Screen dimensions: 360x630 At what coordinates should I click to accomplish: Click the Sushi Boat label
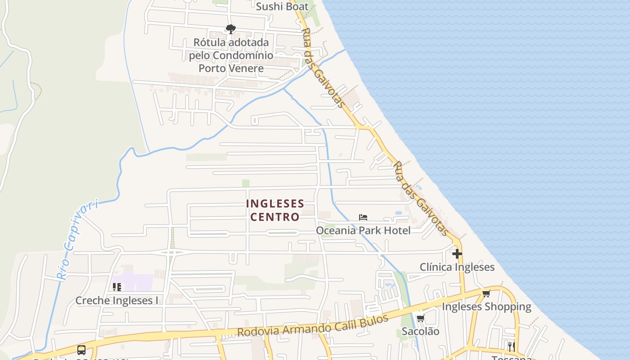282,6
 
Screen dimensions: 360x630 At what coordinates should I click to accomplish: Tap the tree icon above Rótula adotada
231,30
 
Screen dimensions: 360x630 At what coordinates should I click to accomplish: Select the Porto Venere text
231,68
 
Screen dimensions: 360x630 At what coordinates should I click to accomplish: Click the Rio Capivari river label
77,240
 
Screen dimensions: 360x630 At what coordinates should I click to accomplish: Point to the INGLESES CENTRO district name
275,210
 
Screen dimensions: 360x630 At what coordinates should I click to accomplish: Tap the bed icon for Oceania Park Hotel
363,217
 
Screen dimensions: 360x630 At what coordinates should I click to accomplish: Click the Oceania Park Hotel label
363,230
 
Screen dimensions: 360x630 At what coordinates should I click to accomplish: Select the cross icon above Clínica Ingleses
457,254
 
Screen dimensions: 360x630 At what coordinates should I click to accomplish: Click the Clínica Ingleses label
457,267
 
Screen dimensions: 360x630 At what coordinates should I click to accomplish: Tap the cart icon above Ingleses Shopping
486,294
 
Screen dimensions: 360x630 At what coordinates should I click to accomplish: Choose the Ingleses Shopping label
486,307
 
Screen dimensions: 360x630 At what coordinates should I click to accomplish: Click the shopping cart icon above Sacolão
420,319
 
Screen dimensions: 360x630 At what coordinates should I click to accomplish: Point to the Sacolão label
420,331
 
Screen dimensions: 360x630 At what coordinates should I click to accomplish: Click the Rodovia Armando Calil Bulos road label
312,326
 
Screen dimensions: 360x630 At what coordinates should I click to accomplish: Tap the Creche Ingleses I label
117,301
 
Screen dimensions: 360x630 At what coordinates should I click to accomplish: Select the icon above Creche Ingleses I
117,287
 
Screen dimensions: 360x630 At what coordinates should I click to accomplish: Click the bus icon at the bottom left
81,350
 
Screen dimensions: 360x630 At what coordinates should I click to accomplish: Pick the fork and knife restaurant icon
511,346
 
